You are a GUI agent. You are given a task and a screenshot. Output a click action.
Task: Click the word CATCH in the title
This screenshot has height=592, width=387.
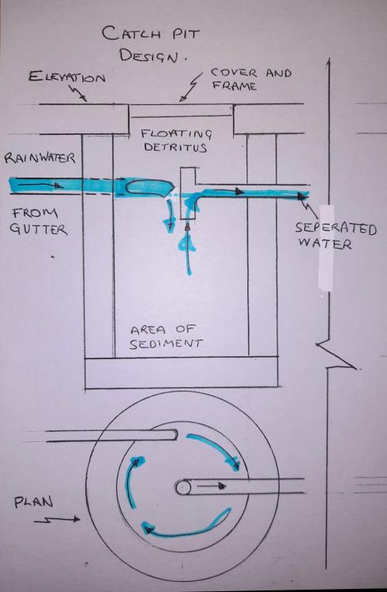pyautogui.click(x=131, y=33)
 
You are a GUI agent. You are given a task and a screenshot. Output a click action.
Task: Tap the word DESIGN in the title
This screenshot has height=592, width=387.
pyautogui.click(x=148, y=56)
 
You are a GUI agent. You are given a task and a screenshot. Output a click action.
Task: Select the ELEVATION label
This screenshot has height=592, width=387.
pyautogui.click(x=67, y=77)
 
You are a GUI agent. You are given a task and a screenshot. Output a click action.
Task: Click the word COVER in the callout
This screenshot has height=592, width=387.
pyautogui.click(x=234, y=73)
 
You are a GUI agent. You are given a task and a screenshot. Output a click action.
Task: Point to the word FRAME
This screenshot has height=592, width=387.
pyautogui.click(x=235, y=86)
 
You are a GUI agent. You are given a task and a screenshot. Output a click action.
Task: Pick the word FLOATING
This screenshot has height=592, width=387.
pyautogui.click(x=176, y=134)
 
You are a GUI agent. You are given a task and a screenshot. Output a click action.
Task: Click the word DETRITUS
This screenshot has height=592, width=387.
pyautogui.click(x=175, y=147)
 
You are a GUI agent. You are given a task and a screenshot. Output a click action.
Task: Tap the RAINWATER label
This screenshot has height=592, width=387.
pyautogui.click(x=39, y=157)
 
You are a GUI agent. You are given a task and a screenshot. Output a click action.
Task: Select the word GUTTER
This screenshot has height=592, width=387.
pyautogui.click(x=38, y=229)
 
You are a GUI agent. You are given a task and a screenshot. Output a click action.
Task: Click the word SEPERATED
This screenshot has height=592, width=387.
pyautogui.click(x=336, y=228)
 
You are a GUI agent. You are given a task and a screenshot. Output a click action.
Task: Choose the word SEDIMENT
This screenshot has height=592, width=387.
pyautogui.click(x=166, y=343)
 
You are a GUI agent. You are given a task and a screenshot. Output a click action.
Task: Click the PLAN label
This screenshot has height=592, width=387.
pyautogui.click(x=34, y=503)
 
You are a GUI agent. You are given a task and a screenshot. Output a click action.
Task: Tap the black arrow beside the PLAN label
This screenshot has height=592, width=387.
pyautogui.click(x=57, y=520)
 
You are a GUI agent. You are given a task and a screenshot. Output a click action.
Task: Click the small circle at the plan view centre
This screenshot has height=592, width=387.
pyautogui.click(x=183, y=487)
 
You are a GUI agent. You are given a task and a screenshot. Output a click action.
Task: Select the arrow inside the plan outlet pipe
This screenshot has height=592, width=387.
pyautogui.click(x=212, y=486)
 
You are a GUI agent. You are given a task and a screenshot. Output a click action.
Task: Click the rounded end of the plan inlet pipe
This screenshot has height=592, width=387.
pyautogui.click(x=175, y=435)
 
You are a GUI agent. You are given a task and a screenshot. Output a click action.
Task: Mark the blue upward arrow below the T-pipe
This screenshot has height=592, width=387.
pyautogui.click(x=188, y=248)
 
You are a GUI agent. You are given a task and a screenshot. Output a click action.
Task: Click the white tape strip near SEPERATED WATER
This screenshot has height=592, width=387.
pyautogui.click(x=326, y=248)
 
